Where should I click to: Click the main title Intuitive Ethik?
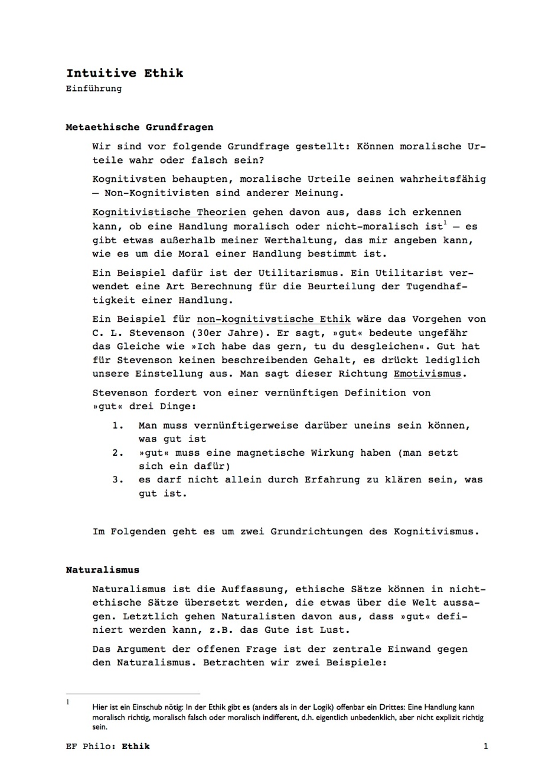(x=125, y=73)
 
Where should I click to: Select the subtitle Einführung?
(x=94, y=89)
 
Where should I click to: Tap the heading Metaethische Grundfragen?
(x=139, y=127)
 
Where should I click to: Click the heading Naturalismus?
(x=102, y=570)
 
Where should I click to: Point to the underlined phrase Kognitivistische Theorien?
(x=169, y=213)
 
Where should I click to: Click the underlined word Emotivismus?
(x=427, y=374)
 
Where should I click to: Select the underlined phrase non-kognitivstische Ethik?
(x=273, y=319)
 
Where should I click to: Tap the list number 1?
(x=117, y=426)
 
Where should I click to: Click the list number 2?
(x=117, y=453)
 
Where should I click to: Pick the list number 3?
(x=117, y=480)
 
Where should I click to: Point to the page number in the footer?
(x=485, y=746)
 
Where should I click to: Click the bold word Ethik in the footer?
(x=136, y=746)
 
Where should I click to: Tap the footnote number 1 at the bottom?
(x=68, y=703)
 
